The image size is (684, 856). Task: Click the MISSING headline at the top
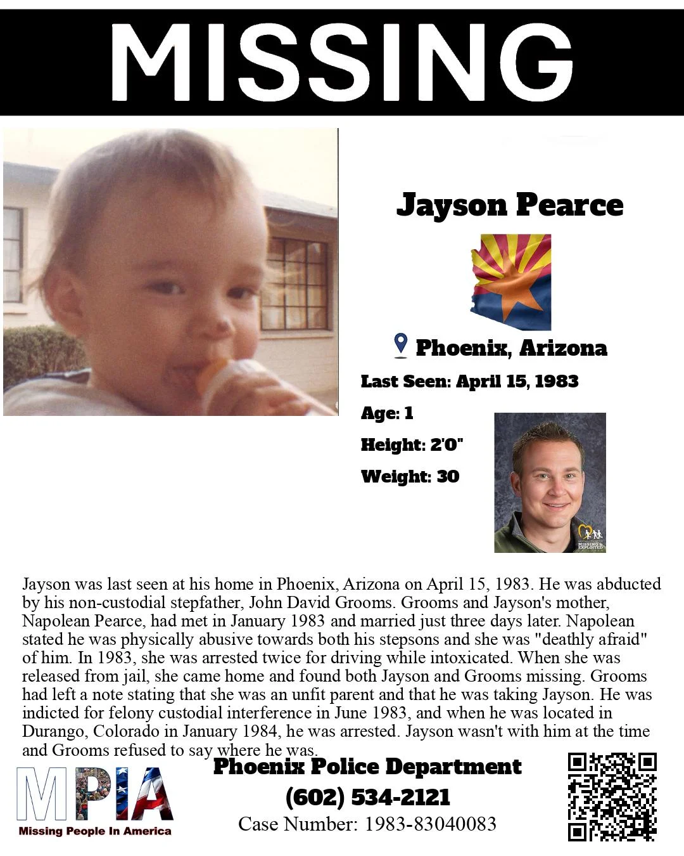click(x=341, y=62)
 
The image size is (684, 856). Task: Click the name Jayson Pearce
click(x=510, y=205)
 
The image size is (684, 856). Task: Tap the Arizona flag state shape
click(x=510, y=282)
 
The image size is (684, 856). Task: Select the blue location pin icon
click(x=400, y=346)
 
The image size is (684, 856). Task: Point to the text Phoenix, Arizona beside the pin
click(x=511, y=348)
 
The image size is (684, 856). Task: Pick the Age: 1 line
click(x=387, y=413)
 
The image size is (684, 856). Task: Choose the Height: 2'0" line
click(x=412, y=444)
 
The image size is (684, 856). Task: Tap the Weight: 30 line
click(x=410, y=476)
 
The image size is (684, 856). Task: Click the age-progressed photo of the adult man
click(x=550, y=483)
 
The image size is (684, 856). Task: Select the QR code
click(x=612, y=796)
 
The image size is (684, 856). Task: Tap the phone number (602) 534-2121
click(x=368, y=797)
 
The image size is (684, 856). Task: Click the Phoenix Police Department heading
click(x=367, y=767)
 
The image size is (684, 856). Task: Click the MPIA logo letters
click(x=95, y=794)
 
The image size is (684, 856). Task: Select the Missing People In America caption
click(x=95, y=831)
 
